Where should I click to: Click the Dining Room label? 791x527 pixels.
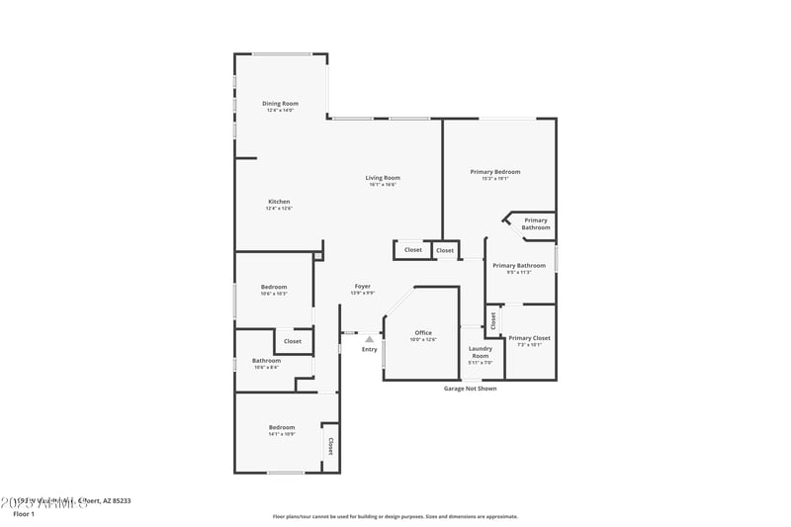click(280, 104)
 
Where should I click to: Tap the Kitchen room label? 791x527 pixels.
click(279, 202)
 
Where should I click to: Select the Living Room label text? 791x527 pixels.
click(383, 178)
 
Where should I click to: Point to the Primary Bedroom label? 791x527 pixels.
click(494, 172)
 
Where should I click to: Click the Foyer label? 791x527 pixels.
click(363, 287)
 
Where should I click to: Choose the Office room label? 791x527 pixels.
click(423, 333)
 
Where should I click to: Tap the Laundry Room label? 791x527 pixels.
click(481, 352)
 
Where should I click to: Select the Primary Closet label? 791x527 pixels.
click(529, 338)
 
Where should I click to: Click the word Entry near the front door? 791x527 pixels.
click(369, 349)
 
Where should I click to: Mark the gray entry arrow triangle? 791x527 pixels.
click(369, 339)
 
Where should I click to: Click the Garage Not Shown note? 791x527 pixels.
click(470, 389)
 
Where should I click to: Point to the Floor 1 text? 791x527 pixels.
click(24, 514)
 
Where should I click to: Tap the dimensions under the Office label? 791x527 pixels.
click(423, 340)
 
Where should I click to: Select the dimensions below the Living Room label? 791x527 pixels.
click(383, 185)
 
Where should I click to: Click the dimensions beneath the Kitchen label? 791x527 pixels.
click(279, 209)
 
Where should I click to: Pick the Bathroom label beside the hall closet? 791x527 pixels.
click(266, 361)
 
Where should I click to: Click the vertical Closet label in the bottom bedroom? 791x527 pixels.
click(330, 446)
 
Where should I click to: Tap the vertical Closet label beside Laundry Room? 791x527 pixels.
click(492, 320)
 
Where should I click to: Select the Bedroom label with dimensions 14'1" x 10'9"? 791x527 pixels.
click(281, 427)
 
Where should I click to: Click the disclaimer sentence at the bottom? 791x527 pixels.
click(395, 516)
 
